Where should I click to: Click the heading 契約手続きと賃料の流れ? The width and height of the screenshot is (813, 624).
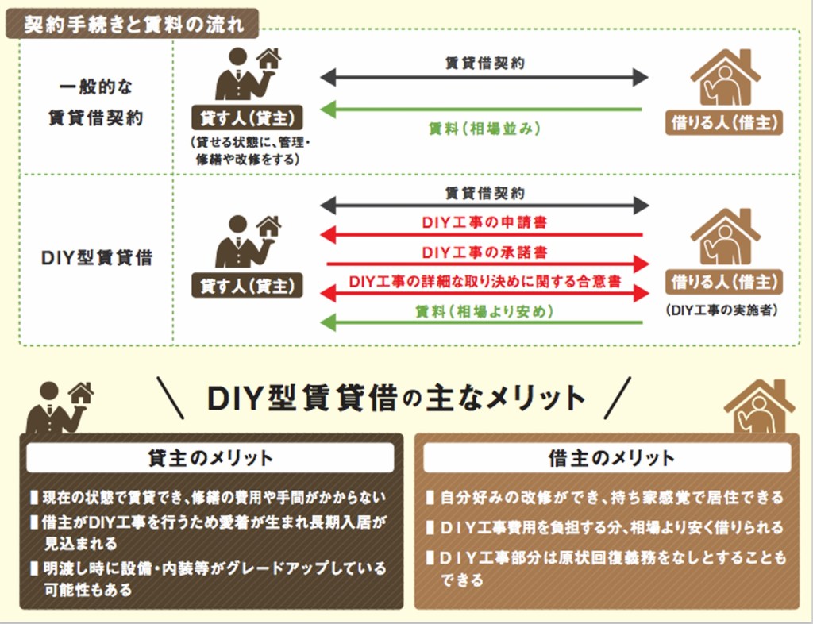pyautogui.click(x=132, y=25)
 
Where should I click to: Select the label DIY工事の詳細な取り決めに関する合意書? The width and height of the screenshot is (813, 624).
pyautogui.click(x=484, y=281)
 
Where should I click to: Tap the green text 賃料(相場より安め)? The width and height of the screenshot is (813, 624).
pyautogui.click(x=484, y=311)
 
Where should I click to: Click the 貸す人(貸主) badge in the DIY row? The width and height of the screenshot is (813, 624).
pyautogui.click(x=247, y=285)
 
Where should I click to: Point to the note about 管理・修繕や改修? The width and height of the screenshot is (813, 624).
pyautogui.click(x=247, y=151)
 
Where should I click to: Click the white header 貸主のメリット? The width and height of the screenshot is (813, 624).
pyautogui.click(x=210, y=458)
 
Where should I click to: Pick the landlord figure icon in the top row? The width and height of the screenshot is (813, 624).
pyautogui.click(x=238, y=75)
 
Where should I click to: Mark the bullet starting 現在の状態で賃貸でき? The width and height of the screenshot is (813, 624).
pyautogui.click(x=213, y=498)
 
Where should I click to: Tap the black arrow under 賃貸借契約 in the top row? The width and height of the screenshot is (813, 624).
pyautogui.click(x=484, y=78)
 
